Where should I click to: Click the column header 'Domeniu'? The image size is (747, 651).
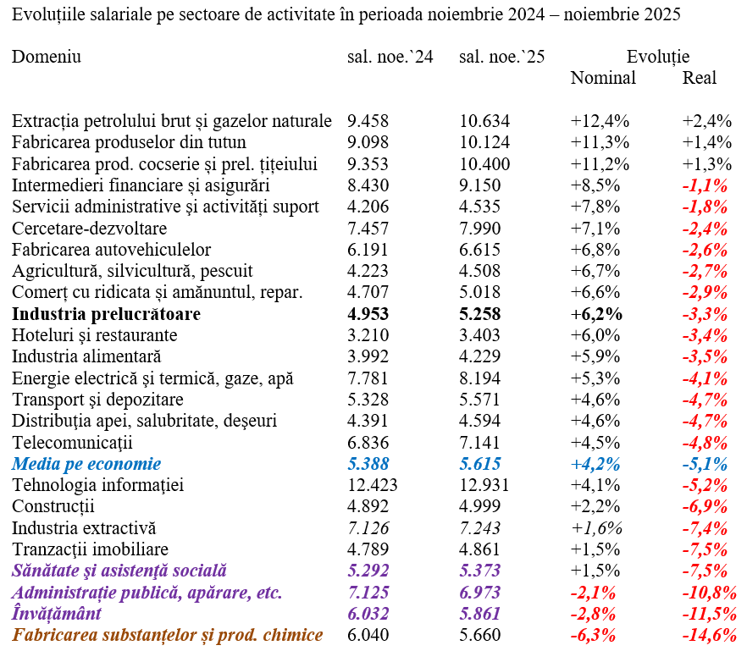coord(47,57)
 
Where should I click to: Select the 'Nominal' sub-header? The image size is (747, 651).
coord(603,78)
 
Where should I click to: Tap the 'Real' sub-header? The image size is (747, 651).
coord(700,78)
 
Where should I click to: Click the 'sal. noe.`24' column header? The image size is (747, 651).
coord(390,57)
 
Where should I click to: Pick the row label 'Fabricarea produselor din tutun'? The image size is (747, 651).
coord(130,142)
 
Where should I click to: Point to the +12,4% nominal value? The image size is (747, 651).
coord(600,121)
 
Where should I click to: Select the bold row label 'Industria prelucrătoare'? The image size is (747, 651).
coord(107,314)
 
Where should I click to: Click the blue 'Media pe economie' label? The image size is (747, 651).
coord(86,464)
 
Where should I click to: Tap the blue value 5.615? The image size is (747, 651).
coord(480,464)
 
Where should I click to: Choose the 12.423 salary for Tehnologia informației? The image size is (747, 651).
coord(373,485)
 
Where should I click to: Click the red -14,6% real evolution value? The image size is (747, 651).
coord(709,635)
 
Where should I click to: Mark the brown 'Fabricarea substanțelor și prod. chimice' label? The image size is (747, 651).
coord(168,635)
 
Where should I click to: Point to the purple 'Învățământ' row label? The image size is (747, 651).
coord(57,614)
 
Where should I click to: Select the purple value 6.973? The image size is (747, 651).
coord(480,593)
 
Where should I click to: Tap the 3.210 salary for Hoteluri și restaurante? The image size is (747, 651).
coord(368,335)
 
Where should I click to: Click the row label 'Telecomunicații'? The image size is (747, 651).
coord(73,443)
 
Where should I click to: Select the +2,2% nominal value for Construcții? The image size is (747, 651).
coord(595,506)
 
